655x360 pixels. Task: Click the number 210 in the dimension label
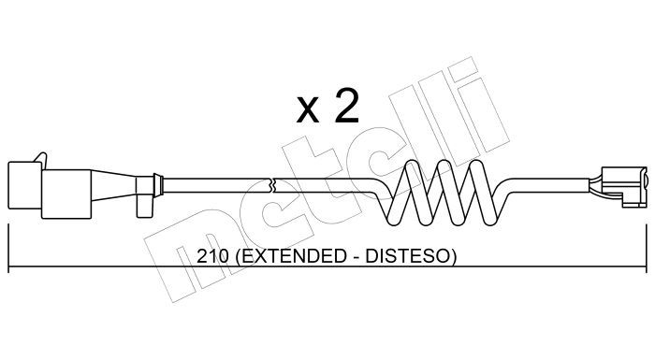pos(212,256)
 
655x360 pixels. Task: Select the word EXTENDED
pos(289,256)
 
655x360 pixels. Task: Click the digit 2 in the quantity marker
pos(345,107)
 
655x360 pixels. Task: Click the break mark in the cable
pos(272,186)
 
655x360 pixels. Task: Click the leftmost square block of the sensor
pos(24,185)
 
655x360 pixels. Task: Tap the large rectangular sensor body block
pos(66,194)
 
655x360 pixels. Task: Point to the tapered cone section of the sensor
pos(113,185)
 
